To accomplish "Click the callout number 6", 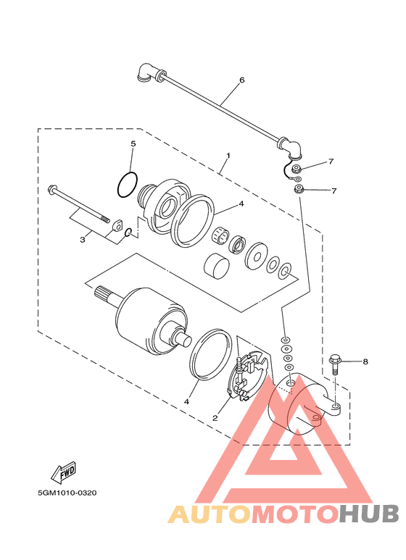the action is tap(242, 80).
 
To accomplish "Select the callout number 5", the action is tap(133, 144).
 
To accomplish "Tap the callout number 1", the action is tap(228, 156).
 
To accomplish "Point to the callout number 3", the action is tap(83, 240).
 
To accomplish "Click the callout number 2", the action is tap(215, 418).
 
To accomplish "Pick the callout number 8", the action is tap(365, 362).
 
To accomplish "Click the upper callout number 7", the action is tap(331, 162).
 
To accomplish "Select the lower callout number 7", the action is tap(333, 191).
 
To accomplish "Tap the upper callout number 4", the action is tap(241, 204).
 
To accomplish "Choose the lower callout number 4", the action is tap(186, 402).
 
